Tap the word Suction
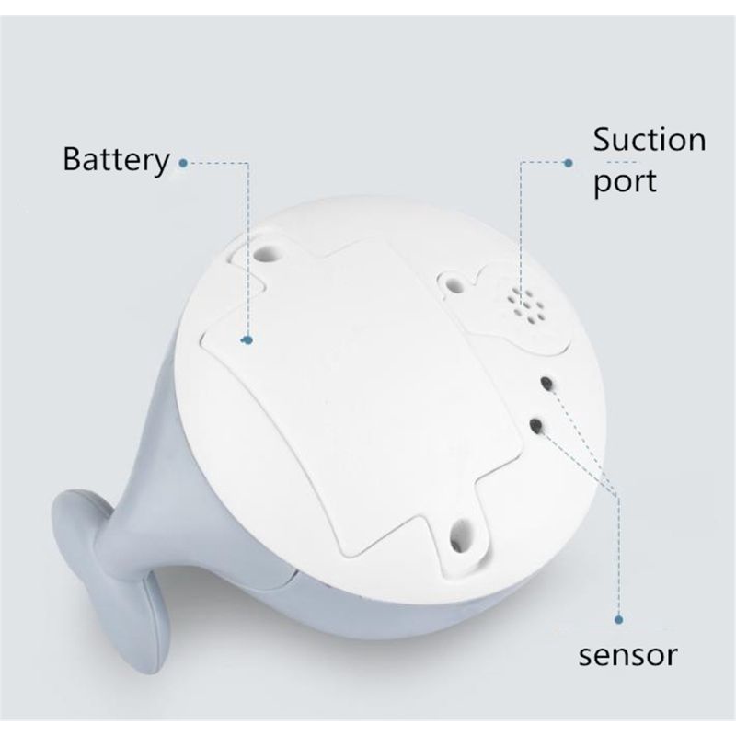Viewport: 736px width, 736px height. (x=649, y=142)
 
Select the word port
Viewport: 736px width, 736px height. (x=625, y=180)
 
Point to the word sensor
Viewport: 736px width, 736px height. (x=627, y=655)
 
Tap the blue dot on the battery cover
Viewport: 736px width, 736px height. (x=247, y=340)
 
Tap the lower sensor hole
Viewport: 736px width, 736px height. (x=536, y=425)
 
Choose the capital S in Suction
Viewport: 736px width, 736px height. (x=604, y=142)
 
